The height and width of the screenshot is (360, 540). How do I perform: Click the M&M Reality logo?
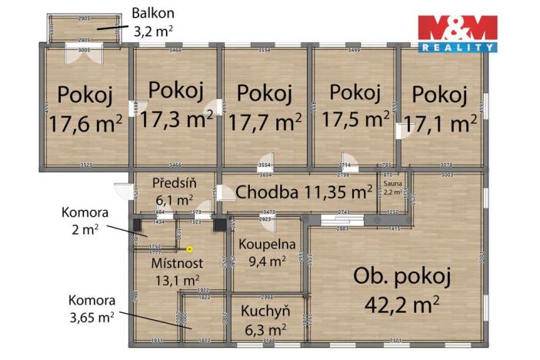coord(457,33)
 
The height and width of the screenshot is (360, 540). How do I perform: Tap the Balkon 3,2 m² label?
coord(154,21)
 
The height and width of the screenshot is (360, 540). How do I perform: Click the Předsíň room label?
coord(175,183)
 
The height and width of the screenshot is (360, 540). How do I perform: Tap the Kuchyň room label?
coord(265,312)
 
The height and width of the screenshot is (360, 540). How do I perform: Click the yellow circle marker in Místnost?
coord(189,248)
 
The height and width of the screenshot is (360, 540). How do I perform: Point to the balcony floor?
coord(85,32)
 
